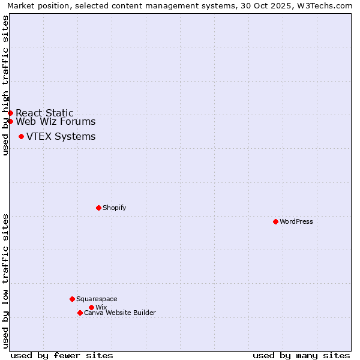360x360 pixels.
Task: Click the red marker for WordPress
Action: (x=275, y=221)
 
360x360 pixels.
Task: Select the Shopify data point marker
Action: (x=98, y=208)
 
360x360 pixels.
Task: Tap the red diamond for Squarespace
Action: (x=72, y=299)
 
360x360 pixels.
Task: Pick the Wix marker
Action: (x=91, y=307)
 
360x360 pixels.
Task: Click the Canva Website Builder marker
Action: (x=80, y=313)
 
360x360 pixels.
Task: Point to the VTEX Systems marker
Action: (x=21, y=136)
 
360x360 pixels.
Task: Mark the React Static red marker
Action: (x=10, y=113)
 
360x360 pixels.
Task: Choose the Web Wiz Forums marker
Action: (x=10, y=121)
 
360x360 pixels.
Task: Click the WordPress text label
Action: (x=296, y=221)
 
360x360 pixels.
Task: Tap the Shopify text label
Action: (x=114, y=208)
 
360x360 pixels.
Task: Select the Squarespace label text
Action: (x=97, y=299)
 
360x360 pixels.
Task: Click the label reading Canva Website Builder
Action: (x=119, y=313)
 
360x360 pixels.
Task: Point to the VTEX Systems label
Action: (x=61, y=136)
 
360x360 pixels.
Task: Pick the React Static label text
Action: (x=44, y=113)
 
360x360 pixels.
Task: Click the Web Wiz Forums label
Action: (x=55, y=122)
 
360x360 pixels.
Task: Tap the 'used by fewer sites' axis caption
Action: (x=62, y=355)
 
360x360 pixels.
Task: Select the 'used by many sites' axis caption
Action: (x=301, y=355)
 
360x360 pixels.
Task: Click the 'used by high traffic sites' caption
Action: (x=5, y=85)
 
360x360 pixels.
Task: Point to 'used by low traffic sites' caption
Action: (x=5, y=280)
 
